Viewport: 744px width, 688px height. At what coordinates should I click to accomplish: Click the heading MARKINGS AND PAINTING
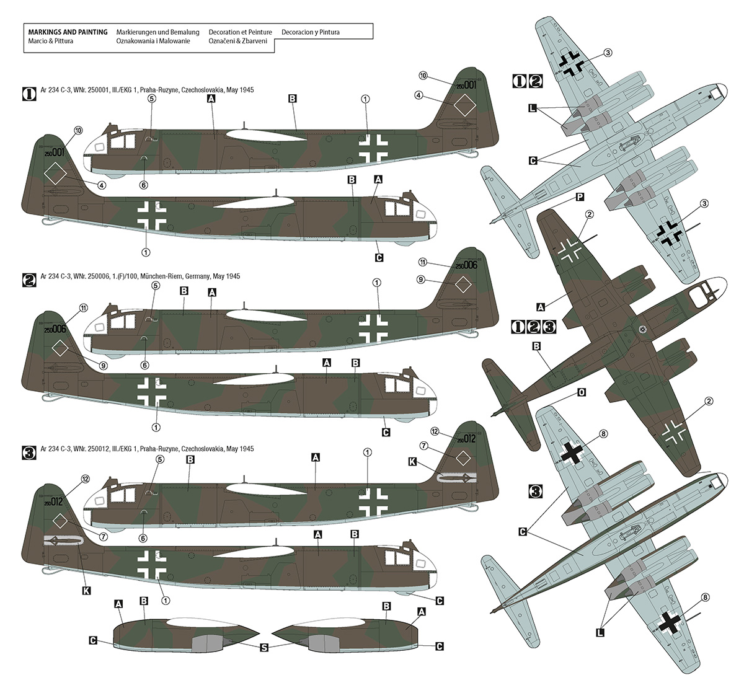[x=64, y=32]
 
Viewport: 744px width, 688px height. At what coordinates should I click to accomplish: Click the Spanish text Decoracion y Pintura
[x=310, y=32]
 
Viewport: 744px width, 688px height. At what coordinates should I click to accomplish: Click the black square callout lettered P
[x=580, y=196]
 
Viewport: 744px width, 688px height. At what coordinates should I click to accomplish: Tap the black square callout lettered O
[x=581, y=392]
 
